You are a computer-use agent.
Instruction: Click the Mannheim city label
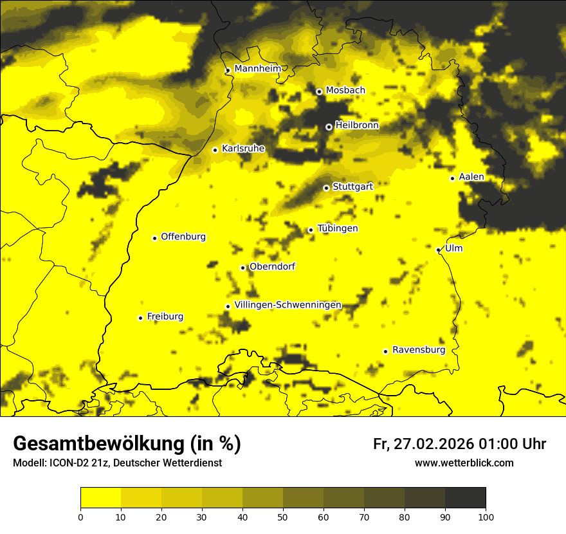[257, 69]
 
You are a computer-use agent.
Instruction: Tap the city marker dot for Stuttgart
[326, 188]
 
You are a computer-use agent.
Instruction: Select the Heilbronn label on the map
[357, 125]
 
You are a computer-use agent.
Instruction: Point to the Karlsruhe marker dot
[215, 150]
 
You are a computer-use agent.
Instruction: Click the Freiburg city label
[165, 317]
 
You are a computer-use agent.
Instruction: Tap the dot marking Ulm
[438, 250]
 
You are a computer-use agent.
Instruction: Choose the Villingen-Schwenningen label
[288, 305]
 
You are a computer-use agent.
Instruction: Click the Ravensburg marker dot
[385, 351]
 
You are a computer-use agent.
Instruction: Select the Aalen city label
[471, 177]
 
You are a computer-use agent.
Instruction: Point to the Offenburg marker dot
[154, 238]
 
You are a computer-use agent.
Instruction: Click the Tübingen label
[338, 228]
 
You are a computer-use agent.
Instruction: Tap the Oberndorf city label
[272, 266]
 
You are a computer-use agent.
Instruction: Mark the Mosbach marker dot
[318, 91]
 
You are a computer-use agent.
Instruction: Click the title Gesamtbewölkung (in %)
[127, 444]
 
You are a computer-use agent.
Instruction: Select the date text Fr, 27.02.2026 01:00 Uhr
[459, 444]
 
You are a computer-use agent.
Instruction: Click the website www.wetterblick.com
[464, 463]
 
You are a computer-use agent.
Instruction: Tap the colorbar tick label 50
[283, 517]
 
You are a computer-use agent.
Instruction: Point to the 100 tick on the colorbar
[486, 517]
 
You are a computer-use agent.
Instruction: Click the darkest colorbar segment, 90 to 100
[465, 498]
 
